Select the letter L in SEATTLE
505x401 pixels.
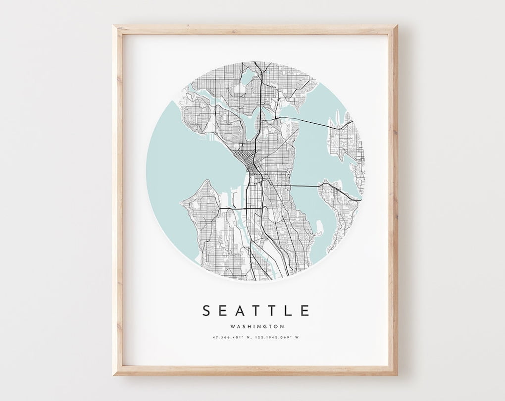(x=289, y=310)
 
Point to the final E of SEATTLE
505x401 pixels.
(x=305, y=310)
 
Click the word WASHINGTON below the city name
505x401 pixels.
(x=256, y=326)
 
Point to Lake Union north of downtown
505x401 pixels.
(x=249, y=122)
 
